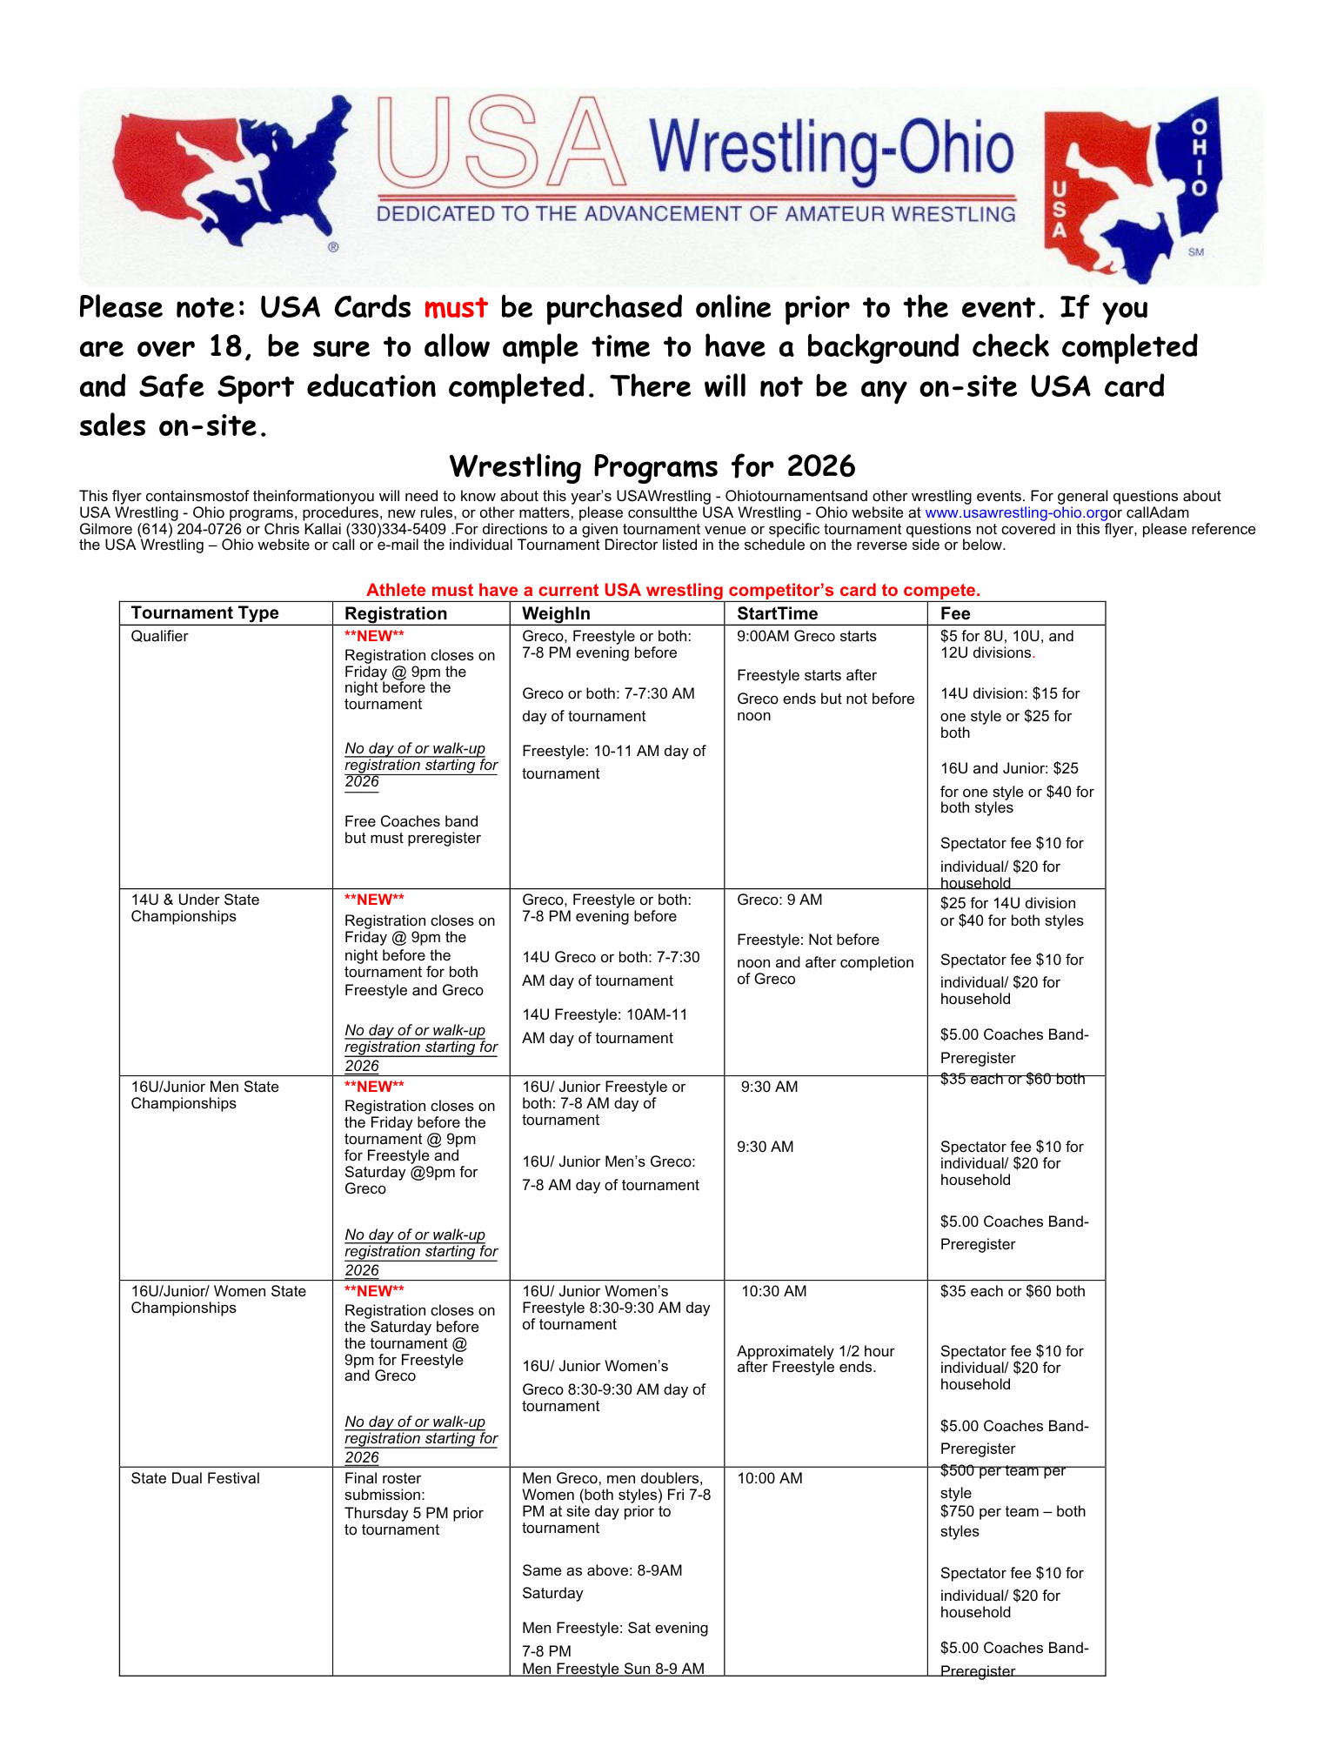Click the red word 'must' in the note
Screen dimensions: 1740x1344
point(456,308)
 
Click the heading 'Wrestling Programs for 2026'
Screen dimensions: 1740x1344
point(652,466)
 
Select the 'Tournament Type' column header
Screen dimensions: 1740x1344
point(204,612)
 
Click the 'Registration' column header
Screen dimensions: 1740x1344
point(396,613)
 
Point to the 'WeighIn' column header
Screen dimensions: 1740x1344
point(556,613)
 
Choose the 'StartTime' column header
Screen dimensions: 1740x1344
point(777,613)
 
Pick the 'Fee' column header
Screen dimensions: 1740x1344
point(955,613)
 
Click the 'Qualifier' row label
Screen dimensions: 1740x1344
point(159,636)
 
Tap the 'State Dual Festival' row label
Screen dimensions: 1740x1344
point(195,1478)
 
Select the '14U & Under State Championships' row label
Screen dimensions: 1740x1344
point(195,907)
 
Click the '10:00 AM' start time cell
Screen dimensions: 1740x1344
point(770,1478)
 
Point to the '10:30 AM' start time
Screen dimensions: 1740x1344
point(773,1291)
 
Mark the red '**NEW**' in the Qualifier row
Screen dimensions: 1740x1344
point(374,636)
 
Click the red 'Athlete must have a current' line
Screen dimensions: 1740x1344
point(672,590)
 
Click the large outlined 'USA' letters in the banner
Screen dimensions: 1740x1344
point(503,144)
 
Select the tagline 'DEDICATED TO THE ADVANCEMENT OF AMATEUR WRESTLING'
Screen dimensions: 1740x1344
point(696,214)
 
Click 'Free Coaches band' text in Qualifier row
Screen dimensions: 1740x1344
point(411,821)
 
